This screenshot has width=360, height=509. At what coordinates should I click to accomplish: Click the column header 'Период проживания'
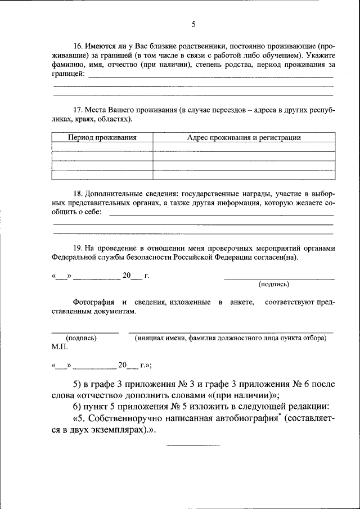click(102, 137)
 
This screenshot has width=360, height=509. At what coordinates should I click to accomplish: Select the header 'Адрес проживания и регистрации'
click(244, 137)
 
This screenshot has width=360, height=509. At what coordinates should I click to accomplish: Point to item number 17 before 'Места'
click(78, 110)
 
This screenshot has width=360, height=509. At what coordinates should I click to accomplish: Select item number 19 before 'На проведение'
click(78, 247)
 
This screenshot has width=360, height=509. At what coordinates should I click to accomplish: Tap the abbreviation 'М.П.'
click(59, 347)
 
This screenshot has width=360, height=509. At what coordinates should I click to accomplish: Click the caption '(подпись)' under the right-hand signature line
click(274, 285)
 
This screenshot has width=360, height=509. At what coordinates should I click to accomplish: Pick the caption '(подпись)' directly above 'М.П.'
click(81, 338)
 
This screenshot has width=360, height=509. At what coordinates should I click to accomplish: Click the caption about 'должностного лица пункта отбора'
click(230, 338)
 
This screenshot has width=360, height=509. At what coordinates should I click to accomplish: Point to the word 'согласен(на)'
click(278, 258)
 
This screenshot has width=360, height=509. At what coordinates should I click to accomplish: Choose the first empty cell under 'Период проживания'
click(102, 147)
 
